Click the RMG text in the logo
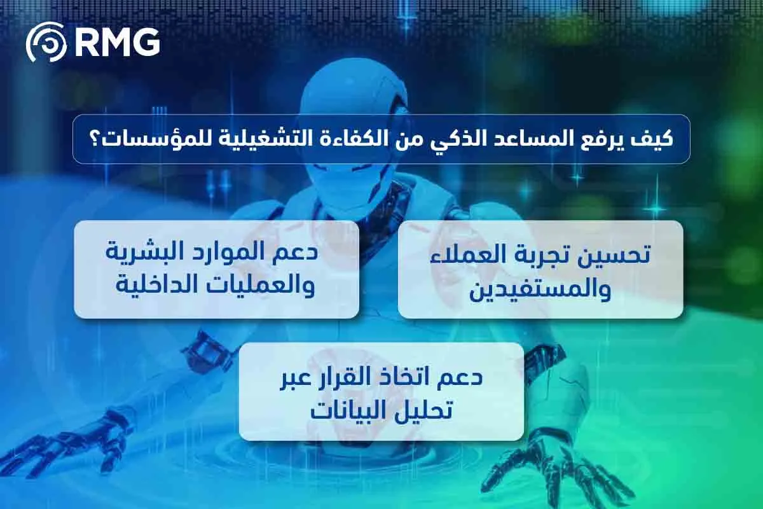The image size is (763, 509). (x=117, y=43)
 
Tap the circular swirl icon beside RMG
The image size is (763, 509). (x=46, y=43)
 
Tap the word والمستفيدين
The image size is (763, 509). (x=540, y=289)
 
